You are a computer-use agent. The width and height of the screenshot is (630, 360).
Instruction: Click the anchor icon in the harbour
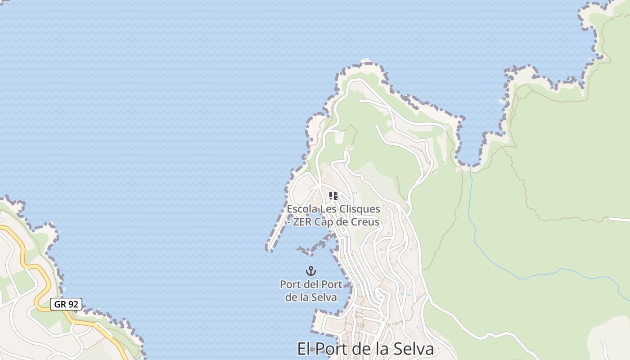311,271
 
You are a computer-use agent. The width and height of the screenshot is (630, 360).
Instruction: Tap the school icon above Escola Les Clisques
333,195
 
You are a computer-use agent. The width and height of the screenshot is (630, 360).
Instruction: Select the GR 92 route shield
66,304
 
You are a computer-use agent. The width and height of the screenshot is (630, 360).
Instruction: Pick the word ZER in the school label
302,222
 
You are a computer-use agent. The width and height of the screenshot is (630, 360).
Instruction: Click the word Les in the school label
327,209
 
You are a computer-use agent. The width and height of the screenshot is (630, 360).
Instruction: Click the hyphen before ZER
288,222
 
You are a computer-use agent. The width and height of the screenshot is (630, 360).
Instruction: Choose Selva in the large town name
414,349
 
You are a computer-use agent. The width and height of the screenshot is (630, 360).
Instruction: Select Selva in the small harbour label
325,297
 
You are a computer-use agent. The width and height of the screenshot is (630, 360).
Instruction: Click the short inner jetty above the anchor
315,246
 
